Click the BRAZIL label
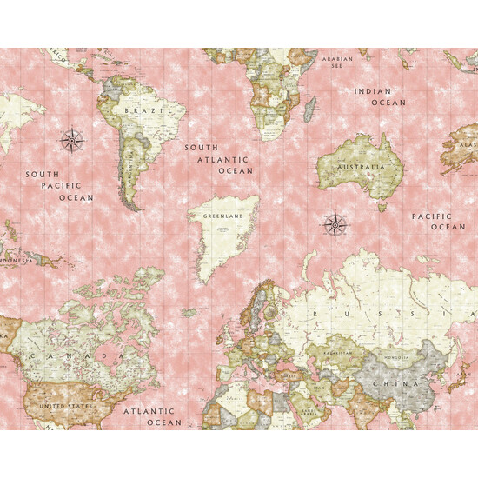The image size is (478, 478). click(x=142, y=111)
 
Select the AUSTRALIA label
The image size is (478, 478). click(x=360, y=166)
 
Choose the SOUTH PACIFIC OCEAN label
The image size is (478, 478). click(x=59, y=186)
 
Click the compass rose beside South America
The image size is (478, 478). click(x=70, y=139)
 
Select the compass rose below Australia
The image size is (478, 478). click(x=335, y=224)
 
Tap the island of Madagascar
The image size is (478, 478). click(x=310, y=109)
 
